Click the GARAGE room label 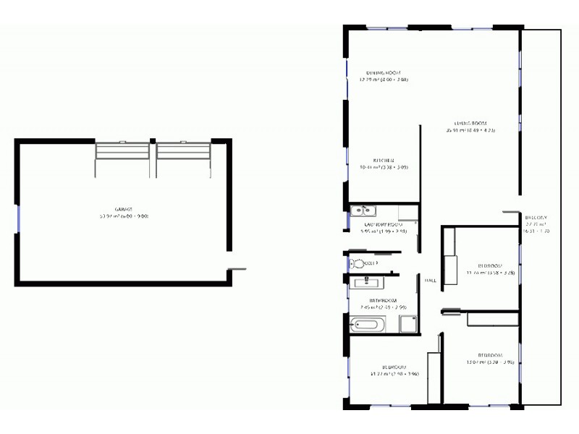point(123,208)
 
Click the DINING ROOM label point(383,73)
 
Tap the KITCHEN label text point(384,160)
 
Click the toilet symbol point(357,264)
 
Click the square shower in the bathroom point(409,324)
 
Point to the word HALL point(430,281)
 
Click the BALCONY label point(536,218)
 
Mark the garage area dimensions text point(123,216)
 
